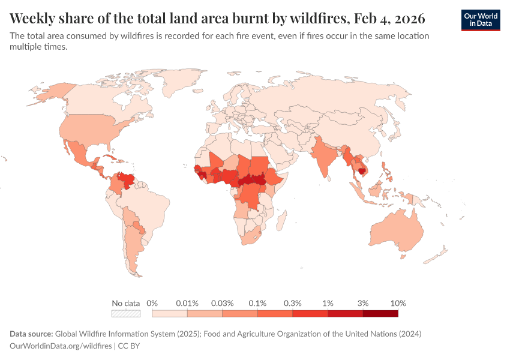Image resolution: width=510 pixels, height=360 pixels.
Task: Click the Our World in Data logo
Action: tap(481, 20)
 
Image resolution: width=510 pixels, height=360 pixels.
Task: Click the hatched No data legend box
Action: tap(126, 313)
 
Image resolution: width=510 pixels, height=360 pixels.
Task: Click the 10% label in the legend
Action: tap(398, 303)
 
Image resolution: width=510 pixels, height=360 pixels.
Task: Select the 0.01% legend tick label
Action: tap(187, 303)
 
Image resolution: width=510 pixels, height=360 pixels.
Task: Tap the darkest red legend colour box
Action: tap(380, 313)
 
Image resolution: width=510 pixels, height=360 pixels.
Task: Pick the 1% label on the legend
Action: tap(328, 303)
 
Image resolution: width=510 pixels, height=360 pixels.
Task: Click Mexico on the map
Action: tap(79, 154)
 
